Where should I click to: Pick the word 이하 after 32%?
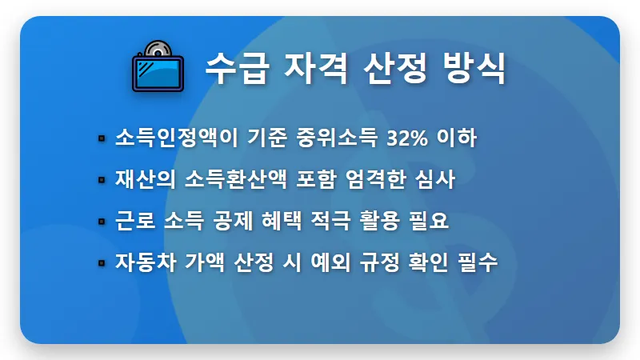tap(458, 138)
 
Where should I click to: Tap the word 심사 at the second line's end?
tap(434, 179)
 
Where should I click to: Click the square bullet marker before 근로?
tap(102, 222)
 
